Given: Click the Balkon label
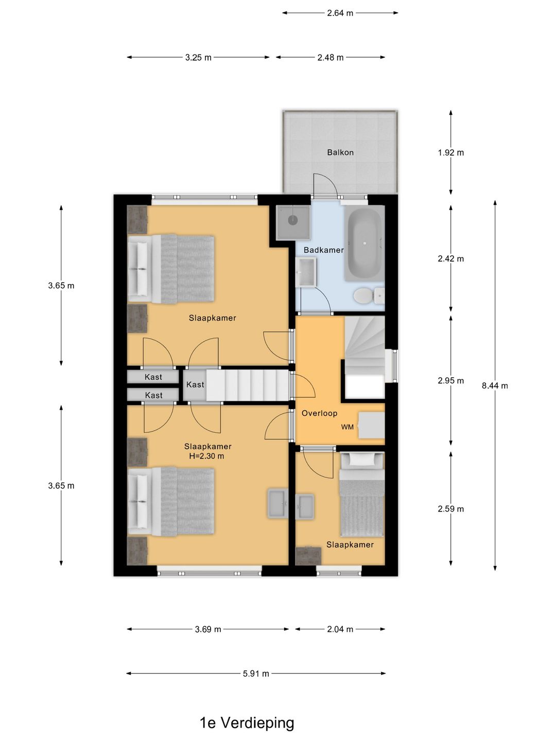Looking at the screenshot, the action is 340,152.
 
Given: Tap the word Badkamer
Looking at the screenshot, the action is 323,250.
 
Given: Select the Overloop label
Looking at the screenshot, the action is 319,413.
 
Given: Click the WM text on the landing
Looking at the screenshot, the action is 347,427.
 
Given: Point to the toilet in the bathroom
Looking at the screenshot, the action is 369,295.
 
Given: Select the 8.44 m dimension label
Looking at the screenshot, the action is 495,385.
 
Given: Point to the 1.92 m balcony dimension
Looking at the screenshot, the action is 450,153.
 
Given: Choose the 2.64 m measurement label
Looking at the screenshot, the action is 340,13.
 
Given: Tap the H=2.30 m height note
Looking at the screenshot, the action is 206,456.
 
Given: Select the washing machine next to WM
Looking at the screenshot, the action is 371,425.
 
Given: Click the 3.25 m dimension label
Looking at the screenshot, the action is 198,58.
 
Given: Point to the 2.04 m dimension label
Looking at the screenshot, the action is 340,629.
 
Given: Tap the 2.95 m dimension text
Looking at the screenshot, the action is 450,381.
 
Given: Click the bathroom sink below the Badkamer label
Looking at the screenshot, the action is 306,272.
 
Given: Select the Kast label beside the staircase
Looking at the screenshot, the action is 195,384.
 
